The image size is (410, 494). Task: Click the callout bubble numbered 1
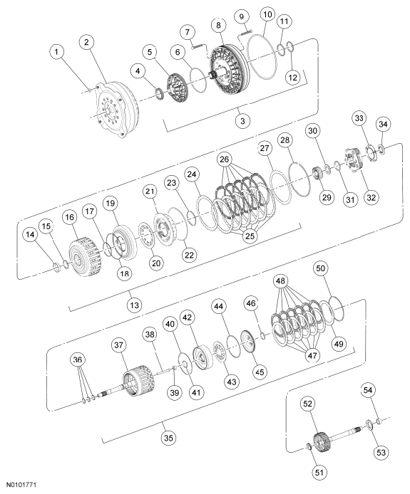56,51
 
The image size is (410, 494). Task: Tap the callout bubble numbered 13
135,305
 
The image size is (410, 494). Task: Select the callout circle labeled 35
169,438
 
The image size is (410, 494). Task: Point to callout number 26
225,159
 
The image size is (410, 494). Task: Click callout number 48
280,281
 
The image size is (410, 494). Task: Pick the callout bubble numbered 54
368,390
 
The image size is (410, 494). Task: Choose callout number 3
242,121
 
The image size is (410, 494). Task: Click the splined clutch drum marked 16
85,257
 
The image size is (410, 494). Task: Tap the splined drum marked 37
138,382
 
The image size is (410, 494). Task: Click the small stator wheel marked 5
177,88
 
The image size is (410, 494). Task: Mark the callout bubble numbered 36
78,359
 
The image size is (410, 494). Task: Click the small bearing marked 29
317,174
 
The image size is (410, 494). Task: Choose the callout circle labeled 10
267,14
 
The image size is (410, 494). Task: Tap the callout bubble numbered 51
319,472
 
